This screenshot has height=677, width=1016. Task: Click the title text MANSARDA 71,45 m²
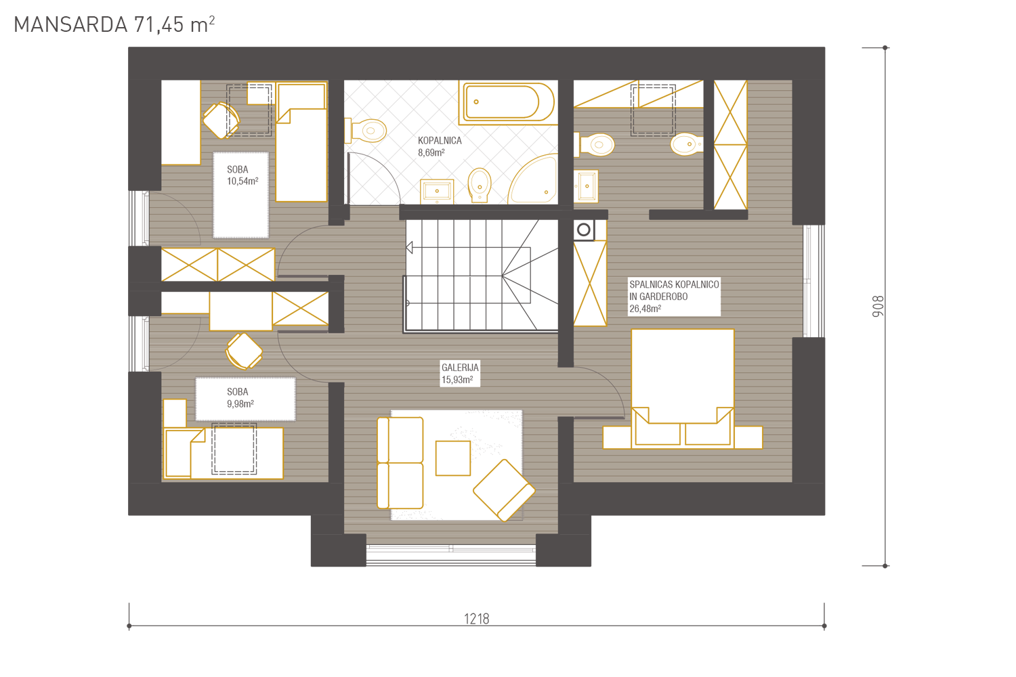(x=114, y=24)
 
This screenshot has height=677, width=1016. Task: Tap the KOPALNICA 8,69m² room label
(x=440, y=146)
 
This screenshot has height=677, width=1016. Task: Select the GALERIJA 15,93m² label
(x=460, y=373)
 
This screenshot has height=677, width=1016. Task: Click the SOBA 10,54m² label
(x=242, y=175)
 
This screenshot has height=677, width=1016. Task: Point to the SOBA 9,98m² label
(x=240, y=397)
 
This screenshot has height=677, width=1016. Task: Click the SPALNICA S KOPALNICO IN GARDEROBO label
(x=674, y=297)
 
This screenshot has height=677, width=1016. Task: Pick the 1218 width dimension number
(x=476, y=619)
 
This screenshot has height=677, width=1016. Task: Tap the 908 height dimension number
(x=878, y=306)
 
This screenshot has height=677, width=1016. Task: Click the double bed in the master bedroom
(x=682, y=389)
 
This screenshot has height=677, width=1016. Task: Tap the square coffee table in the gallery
(x=452, y=458)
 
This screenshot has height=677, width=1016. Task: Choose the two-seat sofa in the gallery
(x=400, y=463)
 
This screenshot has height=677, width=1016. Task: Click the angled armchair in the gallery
(x=504, y=490)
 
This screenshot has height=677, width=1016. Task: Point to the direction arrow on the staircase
(x=409, y=248)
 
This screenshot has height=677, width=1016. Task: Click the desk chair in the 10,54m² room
(x=221, y=120)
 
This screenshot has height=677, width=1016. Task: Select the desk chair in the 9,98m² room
(x=244, y=351)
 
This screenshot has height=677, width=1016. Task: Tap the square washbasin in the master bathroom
(x=586, y=186)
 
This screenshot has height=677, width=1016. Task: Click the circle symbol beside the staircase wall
(x=584, y=230)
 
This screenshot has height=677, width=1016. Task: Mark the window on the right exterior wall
(x=813, y=281)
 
